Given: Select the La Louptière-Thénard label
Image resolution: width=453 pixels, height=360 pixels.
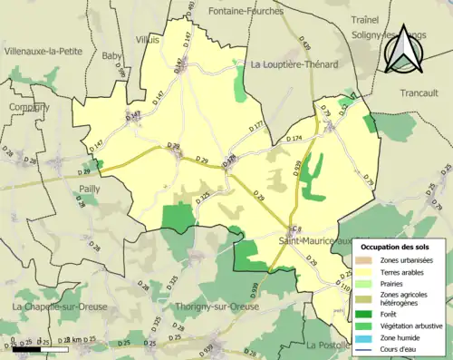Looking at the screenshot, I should click(x=294, y=64).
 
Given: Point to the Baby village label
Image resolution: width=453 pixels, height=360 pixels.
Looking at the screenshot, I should click(x=112, y=56).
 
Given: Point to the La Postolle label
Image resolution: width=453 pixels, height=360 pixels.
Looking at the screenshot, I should click(x=330, y=345).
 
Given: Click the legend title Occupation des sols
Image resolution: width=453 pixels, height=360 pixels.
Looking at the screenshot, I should click(x=396, y=247).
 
